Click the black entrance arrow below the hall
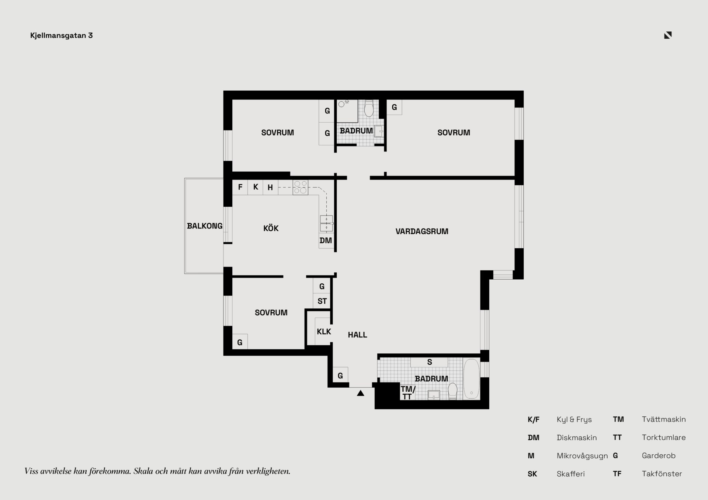coord(361,393)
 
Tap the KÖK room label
coord(271,228)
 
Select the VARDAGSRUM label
coord(422,231)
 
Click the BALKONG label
coord(205,226)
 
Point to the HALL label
coord(357,335)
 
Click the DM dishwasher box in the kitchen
coord(326,241)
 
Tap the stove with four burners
coord(301,188)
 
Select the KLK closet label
coord(324,332)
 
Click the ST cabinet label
coord(322,301)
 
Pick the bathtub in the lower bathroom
coord(471,379)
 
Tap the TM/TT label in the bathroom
coord(408,393)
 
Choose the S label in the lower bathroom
coord(430,362)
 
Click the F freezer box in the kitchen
coord(240,187)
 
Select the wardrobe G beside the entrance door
coord(340,375)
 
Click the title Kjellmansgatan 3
coord(62,35)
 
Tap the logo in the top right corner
coord(668,35)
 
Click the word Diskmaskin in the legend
coord(577,438)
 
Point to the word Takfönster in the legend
coord(662,474)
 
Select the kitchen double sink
coord(326,224)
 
